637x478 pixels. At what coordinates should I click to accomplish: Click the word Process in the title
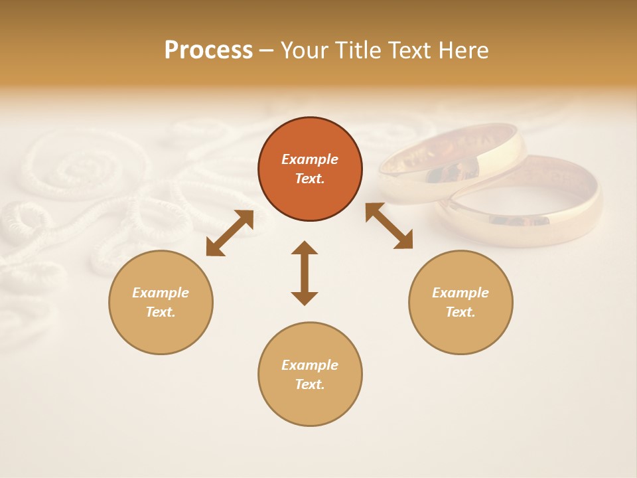click(x=208, y=50)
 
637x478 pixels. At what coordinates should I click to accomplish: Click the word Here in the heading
click(x=463, y=50)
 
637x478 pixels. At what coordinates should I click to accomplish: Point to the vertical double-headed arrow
click(x=305, y=273)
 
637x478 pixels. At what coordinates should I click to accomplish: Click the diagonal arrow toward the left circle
click(x=230, y=233)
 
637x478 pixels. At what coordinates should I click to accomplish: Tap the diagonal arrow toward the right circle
click(x=389, y=226)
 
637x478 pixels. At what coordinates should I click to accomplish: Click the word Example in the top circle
click(x=310, y=159)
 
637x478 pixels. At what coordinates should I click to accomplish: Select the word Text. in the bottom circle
click(x=310, y=384)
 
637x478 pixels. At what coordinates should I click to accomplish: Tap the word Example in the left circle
click(x=161, y=293)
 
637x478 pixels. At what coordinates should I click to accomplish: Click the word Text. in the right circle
click(x=460, y=312)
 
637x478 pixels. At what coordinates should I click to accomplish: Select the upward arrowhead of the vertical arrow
click(x=305, y=248)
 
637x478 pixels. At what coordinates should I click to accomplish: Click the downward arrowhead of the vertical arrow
click(x=305, y=298)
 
